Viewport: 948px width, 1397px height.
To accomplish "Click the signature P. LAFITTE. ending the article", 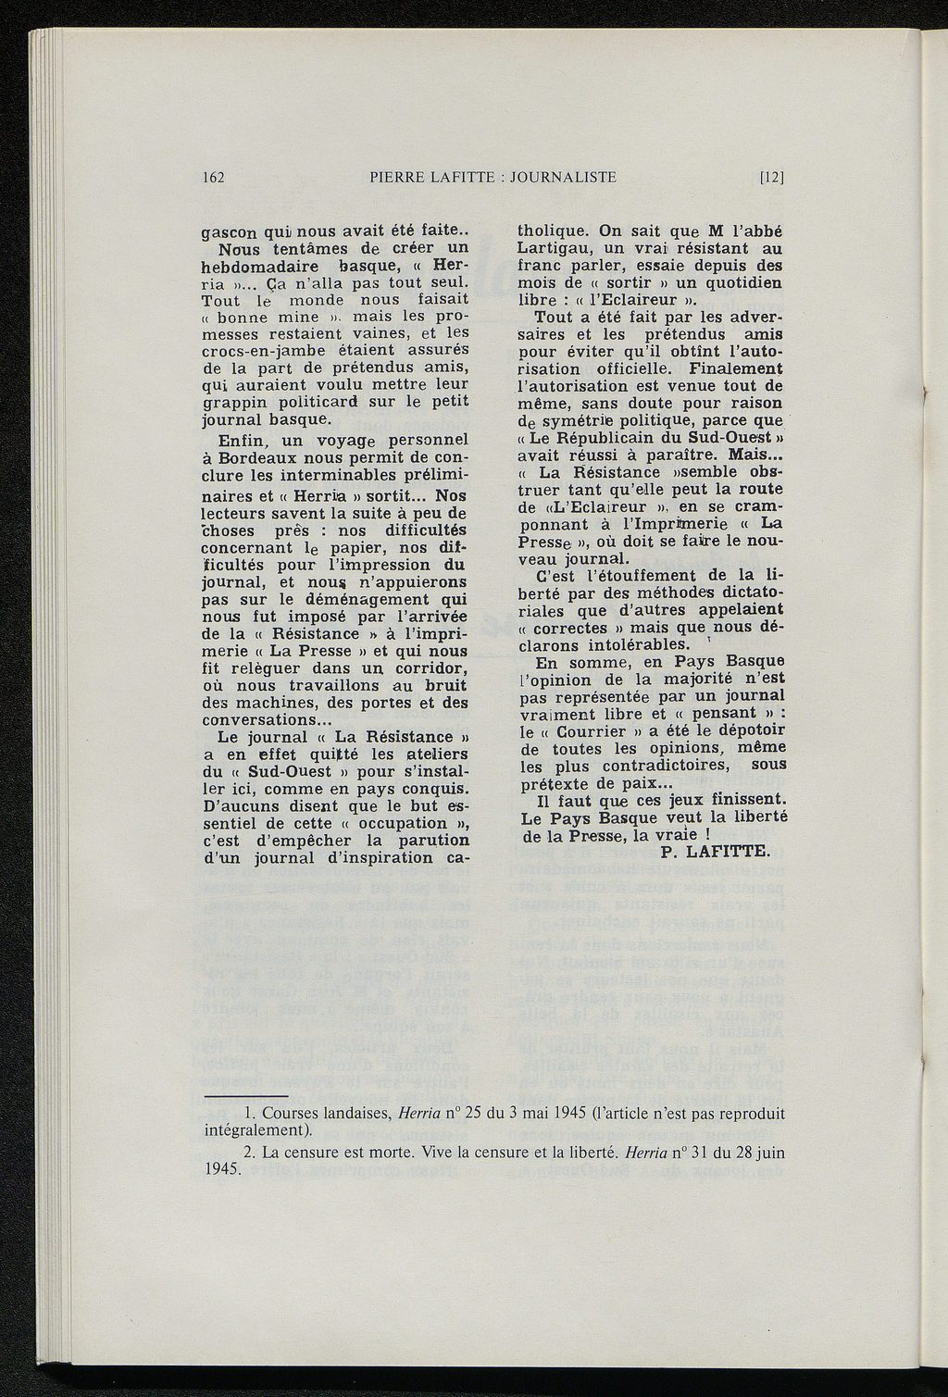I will coord(716,853).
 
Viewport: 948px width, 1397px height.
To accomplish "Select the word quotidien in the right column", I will coord(741,283).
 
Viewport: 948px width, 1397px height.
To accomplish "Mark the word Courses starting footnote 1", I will coord(291,1114).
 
